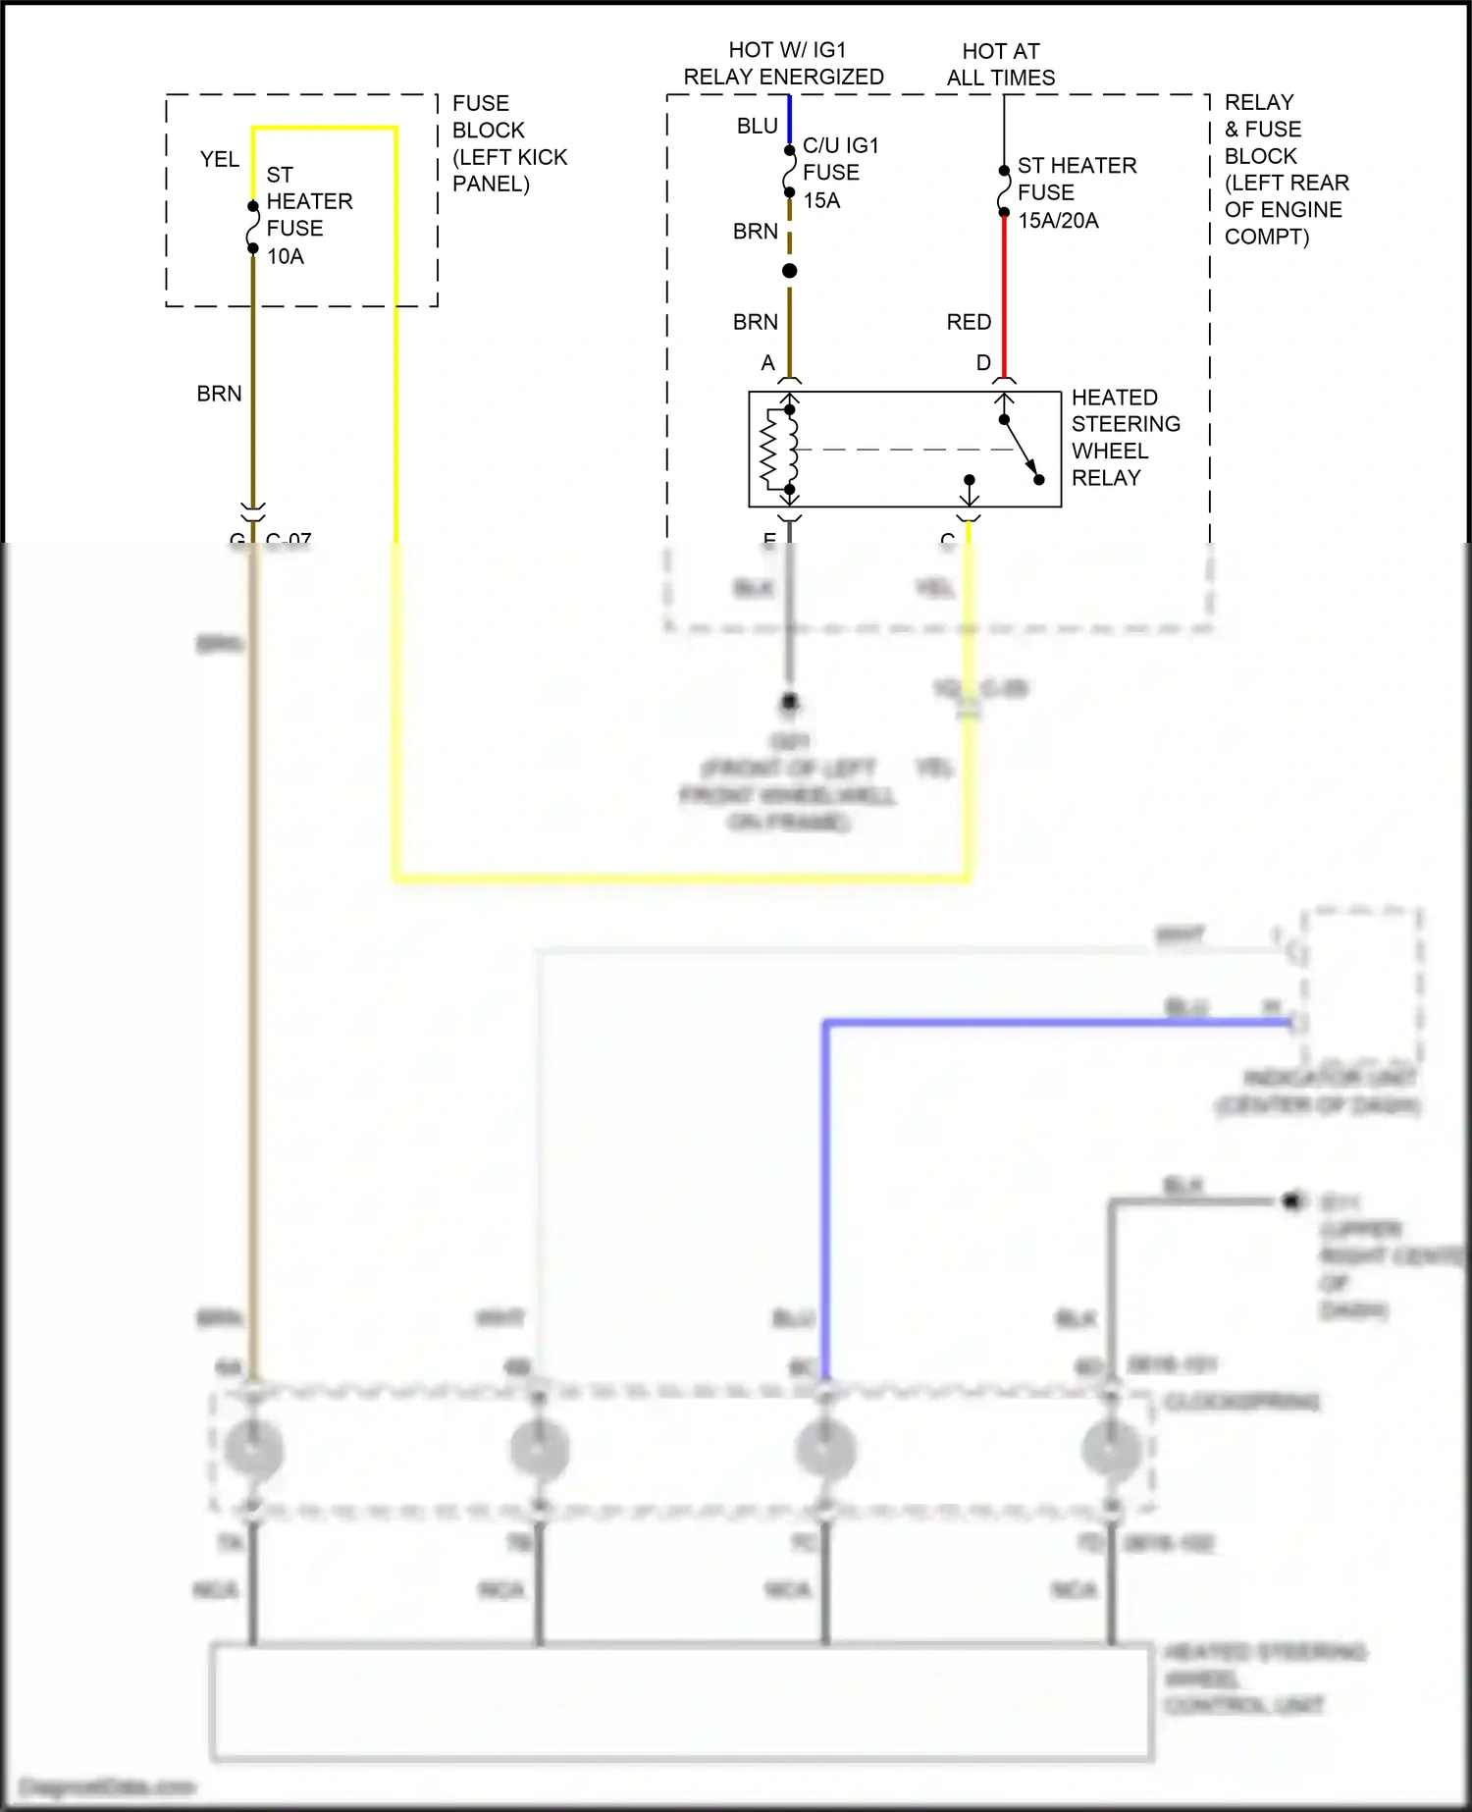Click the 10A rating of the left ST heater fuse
[286, 257]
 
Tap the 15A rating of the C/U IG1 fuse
[821, 201]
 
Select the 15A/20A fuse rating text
[1058, 221]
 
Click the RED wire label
[969, 322]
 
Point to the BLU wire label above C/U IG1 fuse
[757, 126]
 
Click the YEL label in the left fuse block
[219, 159]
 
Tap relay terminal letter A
[768, 363]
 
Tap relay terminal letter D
[983, 363]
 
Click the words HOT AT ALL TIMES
[1001, 65]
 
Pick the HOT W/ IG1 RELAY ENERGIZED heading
[784, 64]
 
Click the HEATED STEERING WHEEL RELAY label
[1125, 438]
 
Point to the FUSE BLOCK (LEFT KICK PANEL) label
[508, 143]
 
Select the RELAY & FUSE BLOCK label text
[1286, 170]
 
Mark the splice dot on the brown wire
[789, 271]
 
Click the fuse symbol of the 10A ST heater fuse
[253, 227]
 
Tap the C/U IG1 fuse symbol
[789, 172]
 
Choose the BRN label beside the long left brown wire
[219, 394]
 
